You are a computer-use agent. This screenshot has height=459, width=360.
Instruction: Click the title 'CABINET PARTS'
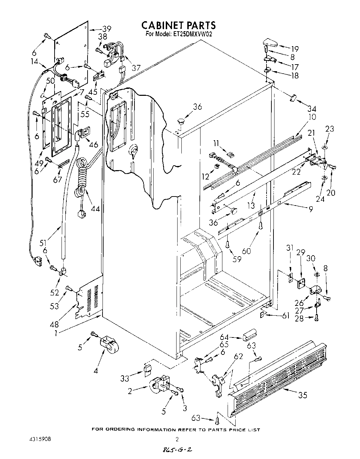179,25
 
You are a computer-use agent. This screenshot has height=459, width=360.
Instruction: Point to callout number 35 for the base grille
302,395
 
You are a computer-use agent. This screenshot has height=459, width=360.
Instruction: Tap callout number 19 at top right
295,49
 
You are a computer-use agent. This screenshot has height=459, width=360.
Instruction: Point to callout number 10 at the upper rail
312,117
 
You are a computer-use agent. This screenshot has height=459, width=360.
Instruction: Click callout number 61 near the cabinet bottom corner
286,316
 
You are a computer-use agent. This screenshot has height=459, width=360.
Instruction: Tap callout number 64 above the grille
224,337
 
